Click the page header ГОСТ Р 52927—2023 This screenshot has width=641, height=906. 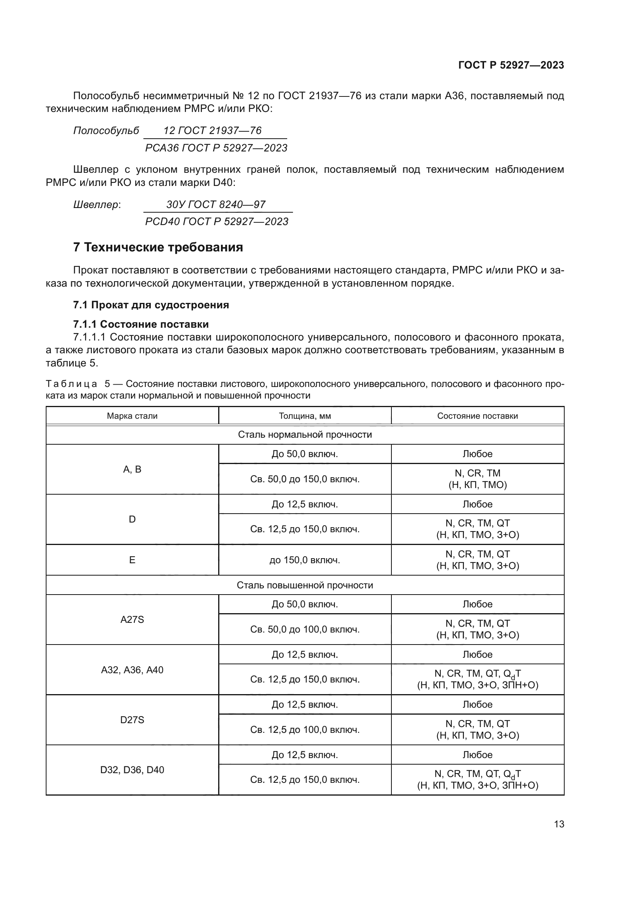pyautogui.click(x=511, y=65)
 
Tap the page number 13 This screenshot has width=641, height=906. pyautogui.click(x=559, y=824)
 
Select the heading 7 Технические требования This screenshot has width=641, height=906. pyautogui.click(x=158, y=248)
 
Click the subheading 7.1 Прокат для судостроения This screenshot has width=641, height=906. pyautogui.click(x=151, y=305)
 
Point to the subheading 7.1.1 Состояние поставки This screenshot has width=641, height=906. pyautogui.click(x=141, y=324)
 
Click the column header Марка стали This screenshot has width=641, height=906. pyautogui.click(x=132, y=416)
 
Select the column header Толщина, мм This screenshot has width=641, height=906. pyautogui.click(x=305, y=416)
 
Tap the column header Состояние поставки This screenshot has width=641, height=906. pyautogui.click(x=477, y=416)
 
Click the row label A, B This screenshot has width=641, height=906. pyautogui.click(x=132, y=469)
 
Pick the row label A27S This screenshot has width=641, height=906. pyautogui.click(x=132, y=619)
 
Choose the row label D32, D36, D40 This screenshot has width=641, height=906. pyautogui.click(x=132, y=770)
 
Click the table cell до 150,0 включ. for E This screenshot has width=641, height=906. pyautogui.click(x=305, y=560)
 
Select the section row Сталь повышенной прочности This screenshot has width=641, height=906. pyautogui.click(x=305, y=585)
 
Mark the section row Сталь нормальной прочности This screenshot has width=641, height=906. pyautogui.click(x=305, y=435)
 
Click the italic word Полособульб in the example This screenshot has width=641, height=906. pyautogui.click(x=106, y=131)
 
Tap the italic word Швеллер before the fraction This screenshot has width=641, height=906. pyautogui.click(x=96, y=205)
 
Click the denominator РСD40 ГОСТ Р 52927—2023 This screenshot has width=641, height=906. pyautogui.click(x=217, y=222)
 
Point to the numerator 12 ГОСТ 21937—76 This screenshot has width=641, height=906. pyautogui.click(x=212, y=131)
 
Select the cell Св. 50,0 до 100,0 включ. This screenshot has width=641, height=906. pyautogui.click(x=305, y=629)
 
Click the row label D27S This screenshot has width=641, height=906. pyautogui.click(x=132, y=720)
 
